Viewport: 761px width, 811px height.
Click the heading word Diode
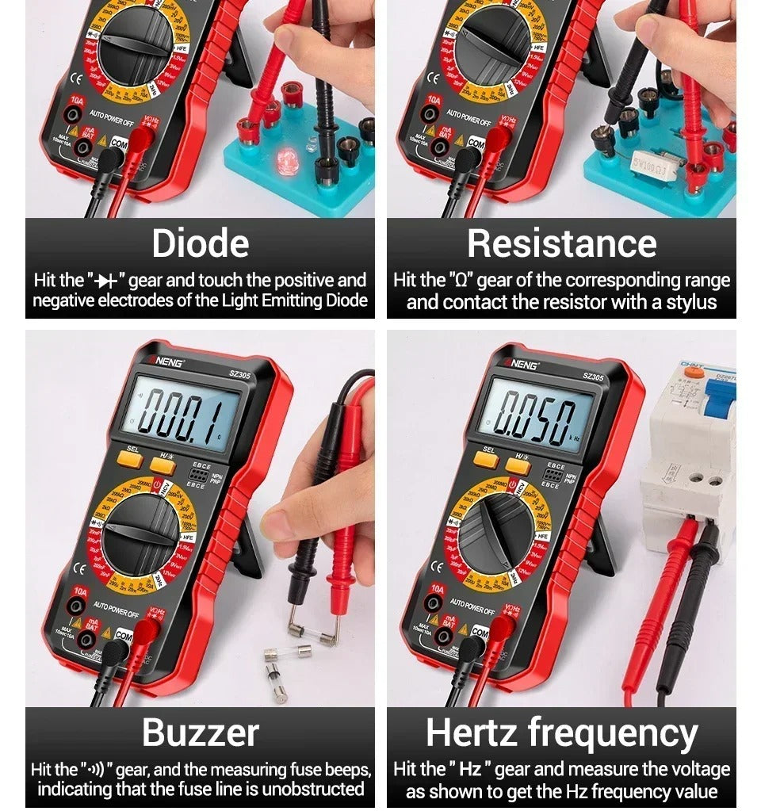[x=200, y=243]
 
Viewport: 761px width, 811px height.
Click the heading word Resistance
[x=561, y=243]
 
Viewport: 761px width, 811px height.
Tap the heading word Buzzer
[x=200, y=733]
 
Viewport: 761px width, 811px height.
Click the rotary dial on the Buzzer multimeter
[x=141, y=533]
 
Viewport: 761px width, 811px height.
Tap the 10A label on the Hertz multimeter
[x=438, y=590]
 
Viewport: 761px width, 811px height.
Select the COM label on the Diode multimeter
[x=118, y=143]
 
